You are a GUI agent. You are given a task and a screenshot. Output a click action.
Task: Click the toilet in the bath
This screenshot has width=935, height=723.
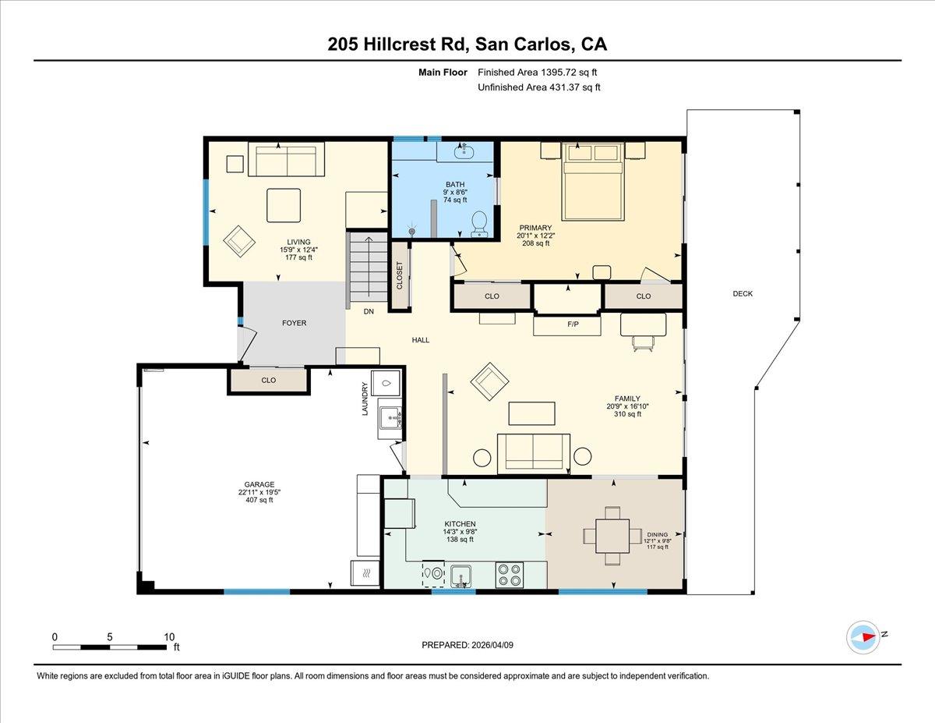(x=479, y=222)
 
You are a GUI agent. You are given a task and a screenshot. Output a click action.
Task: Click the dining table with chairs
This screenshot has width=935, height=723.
(x=607, y=536)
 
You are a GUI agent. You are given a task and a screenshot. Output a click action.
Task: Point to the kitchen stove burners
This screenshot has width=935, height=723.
(x=511, y=575)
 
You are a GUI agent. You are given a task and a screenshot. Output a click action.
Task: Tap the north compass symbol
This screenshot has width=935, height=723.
(x=863, y=637)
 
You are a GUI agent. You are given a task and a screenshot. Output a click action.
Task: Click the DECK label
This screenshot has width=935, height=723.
(x=743, y=294)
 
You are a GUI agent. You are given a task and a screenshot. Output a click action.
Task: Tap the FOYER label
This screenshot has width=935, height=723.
(x=294, y=323)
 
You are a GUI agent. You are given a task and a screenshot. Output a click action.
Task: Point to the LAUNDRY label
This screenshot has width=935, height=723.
(x=365, y=399)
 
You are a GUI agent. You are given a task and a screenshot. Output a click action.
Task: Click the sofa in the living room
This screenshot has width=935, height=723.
(x=286, y=160)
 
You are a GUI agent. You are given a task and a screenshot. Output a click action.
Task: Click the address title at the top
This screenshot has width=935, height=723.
(x=467, y=44)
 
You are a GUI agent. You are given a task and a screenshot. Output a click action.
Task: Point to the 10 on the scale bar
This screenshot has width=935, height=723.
(x=169, y=636)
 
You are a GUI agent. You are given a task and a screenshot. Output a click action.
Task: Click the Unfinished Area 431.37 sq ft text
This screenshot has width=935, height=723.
(x=538, y=87)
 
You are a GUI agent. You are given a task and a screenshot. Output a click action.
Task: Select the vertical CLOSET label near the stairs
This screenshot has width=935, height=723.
(x=400, y=275)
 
